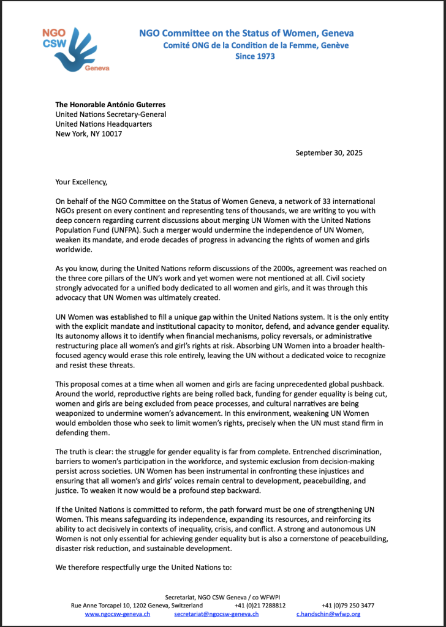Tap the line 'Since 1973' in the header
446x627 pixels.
(x=255, y=56)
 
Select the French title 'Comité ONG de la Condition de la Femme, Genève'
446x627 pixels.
(x=255, y=45)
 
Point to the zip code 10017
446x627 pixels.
(x=111, y=133)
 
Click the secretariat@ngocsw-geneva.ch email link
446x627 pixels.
(x=216, y=614)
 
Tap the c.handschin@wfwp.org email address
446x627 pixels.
(x=328, y=614)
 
